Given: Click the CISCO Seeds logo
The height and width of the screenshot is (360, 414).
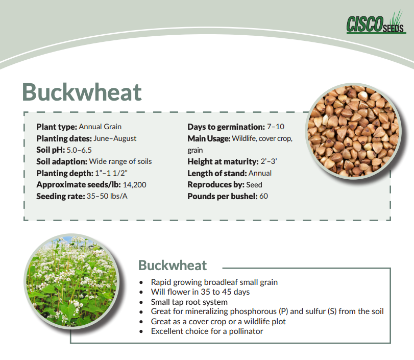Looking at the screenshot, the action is click(376, 22).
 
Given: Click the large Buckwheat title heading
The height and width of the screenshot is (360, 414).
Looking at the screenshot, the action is click(82, 92).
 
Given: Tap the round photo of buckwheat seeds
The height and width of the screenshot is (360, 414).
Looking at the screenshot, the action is click(353, 131).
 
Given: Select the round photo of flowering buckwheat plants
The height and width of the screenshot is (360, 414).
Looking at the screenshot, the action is click(71, 281).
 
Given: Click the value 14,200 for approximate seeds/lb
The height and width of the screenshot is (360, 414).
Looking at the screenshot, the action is click(134, 185).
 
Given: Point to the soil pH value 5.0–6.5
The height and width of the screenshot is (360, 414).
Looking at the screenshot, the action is click(79, 150).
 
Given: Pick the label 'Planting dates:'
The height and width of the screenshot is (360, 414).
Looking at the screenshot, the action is click(64, 138).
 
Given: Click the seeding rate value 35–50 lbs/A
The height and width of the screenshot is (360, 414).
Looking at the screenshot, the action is click(107, 196).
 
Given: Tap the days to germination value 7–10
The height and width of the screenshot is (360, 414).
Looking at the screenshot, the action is click(275, 127).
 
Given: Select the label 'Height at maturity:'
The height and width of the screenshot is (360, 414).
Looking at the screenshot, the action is click(223, 162).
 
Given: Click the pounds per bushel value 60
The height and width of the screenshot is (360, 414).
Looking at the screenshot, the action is click(263, 196).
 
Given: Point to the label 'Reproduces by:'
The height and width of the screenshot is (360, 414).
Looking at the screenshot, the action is click(216, 185).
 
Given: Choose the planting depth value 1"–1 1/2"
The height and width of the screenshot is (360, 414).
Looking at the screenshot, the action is click(111, 173).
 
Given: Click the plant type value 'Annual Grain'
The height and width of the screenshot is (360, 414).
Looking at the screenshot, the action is click(100, 127).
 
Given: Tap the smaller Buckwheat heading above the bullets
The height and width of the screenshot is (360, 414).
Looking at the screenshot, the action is click(173, 265).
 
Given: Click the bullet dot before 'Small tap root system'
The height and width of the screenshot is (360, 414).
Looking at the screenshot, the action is click(141, 302).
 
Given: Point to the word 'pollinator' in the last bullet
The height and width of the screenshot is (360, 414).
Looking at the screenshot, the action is click(246, 331).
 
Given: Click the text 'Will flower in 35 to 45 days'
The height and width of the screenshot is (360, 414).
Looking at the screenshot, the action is click(200, 292).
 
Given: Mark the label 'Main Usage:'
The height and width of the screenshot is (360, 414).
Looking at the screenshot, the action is click(209, 139).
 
